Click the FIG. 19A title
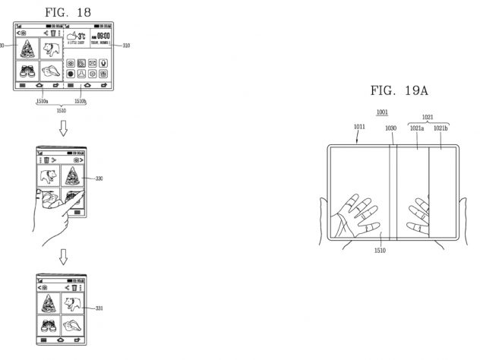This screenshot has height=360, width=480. (x=399, y=91)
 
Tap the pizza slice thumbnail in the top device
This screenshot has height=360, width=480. (x=27, y=50)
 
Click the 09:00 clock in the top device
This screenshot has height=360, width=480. (x=103, y=35)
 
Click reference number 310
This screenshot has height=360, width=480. (x=125, y=46)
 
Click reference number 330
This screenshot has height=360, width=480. (x=99, y=179)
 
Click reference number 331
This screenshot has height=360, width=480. (x=99, y=308)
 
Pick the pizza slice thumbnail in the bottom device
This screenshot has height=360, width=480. (x=49, y=302)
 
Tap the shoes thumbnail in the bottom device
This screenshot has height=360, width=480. (x=49, y=327)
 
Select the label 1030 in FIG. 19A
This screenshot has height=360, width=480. (x=390, y=129)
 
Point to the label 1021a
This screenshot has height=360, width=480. (x=417, y=129)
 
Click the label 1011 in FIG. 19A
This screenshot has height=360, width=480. (x=358, y=129)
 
